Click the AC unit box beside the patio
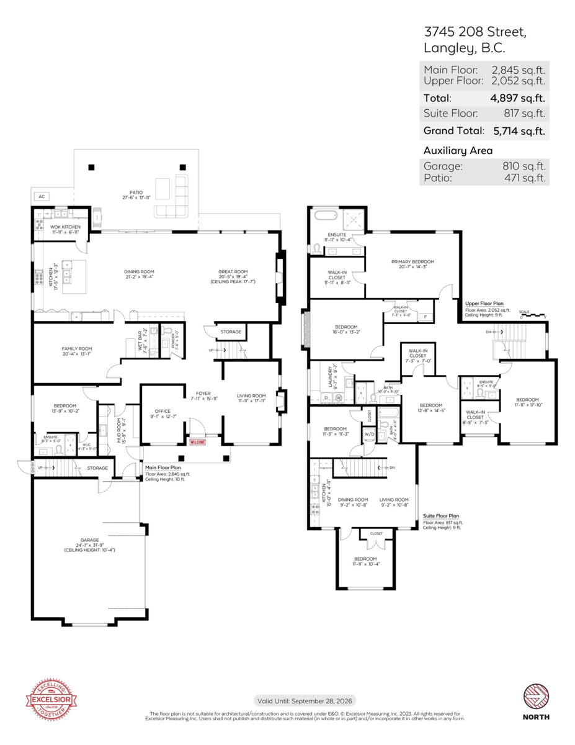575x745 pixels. pyautogui.click(x=42, y=197)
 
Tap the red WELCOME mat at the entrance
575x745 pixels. pyautogui.click(x=197, y=442)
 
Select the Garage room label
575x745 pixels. pyautogui.click(x=89, y=540)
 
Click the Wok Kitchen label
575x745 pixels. pyautogui.click(x=65, y=227)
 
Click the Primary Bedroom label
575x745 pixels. pyautogui.click(x=412, y=262)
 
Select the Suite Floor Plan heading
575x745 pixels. pyautogui.click(x=440, y=515)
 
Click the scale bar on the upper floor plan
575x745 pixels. pyautogui.click(x=533, y=315)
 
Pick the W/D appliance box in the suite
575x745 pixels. pyautogui.click(x=369, y=433)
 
